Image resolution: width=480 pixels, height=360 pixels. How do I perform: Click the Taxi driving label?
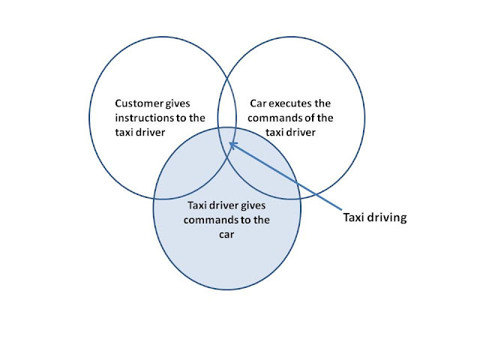(x=374, y=218)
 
